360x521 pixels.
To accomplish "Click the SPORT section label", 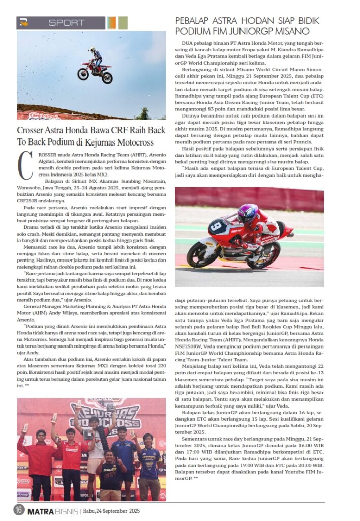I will pos(67,23).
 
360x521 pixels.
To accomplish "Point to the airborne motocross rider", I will pos(95,66).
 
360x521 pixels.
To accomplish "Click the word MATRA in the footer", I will pos(39,510).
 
